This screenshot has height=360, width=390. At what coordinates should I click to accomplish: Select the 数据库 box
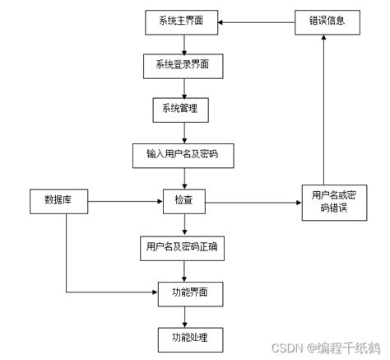57,199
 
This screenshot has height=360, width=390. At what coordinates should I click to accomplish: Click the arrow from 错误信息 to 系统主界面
255,21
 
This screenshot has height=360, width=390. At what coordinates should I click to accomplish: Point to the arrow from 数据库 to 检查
123,199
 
